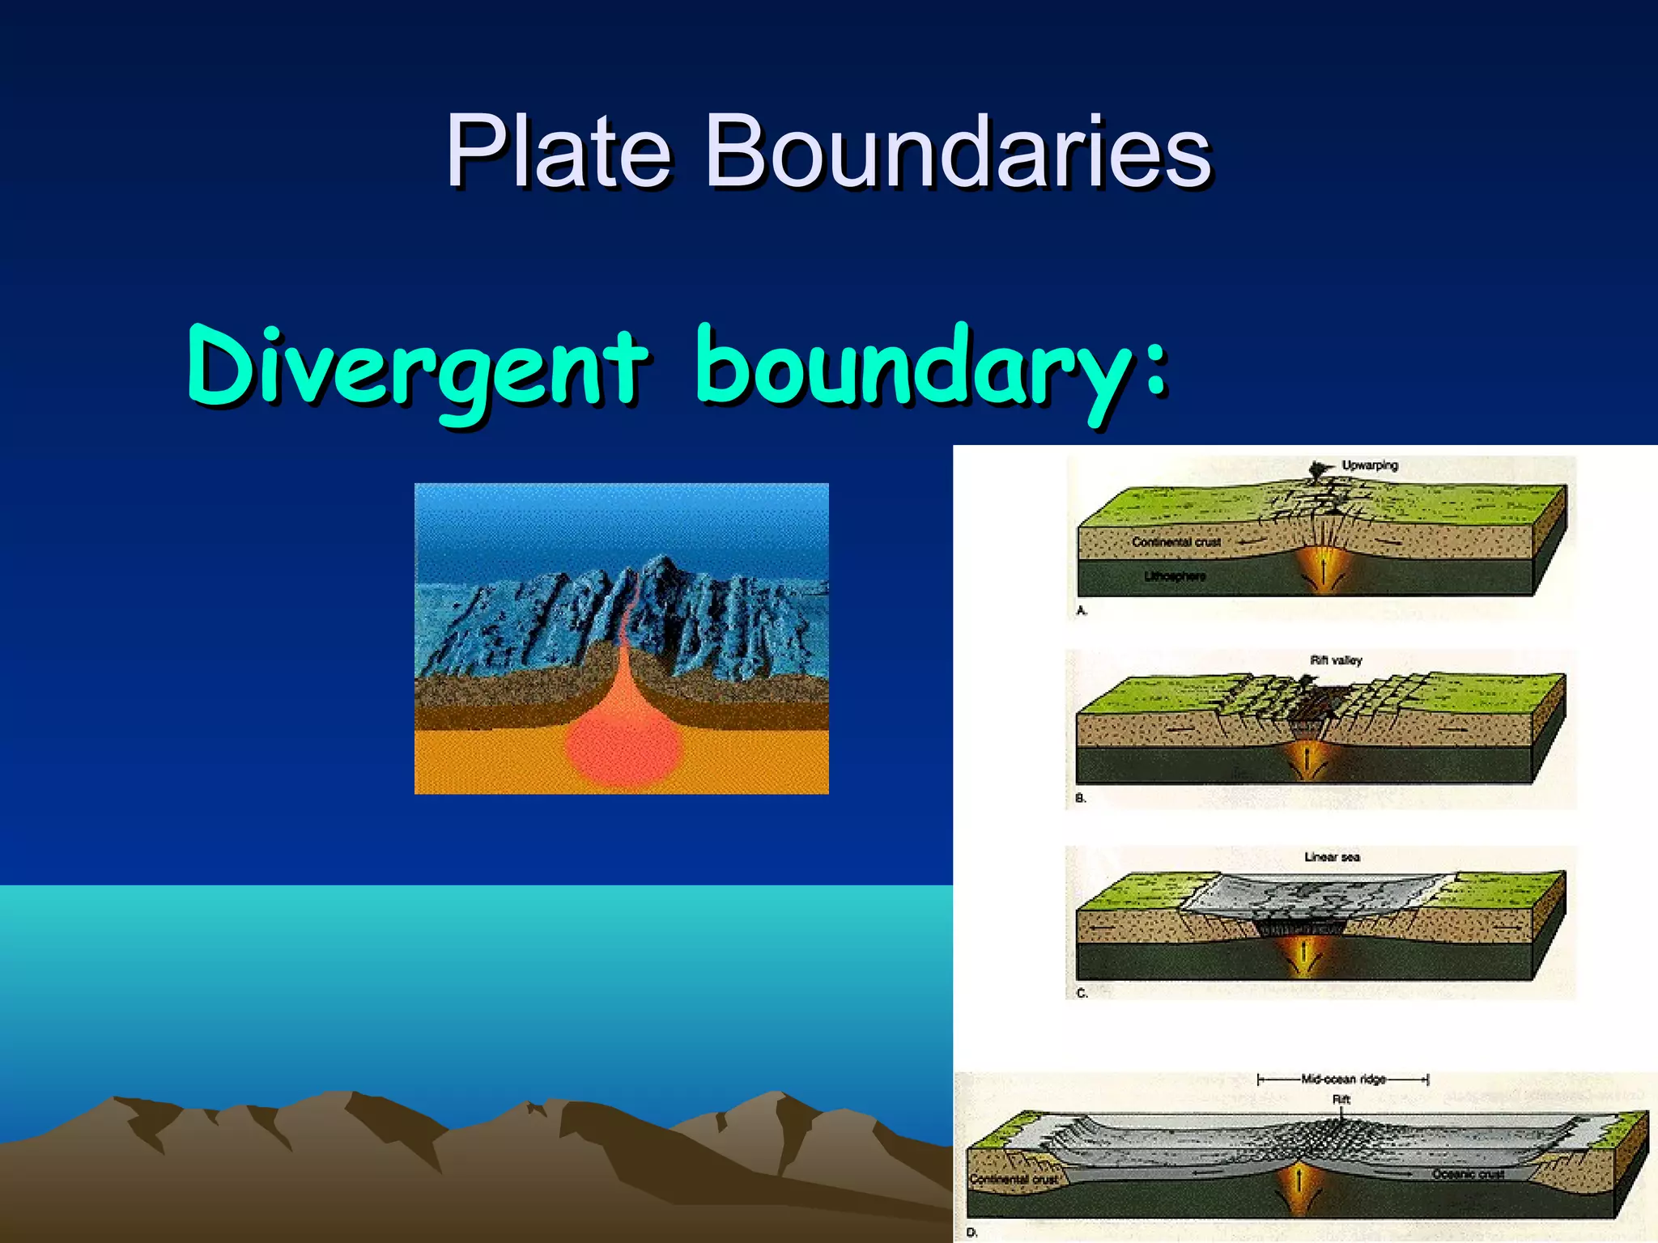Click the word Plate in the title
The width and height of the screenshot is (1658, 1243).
click(559, 151)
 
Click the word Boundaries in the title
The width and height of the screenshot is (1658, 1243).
click(959, 151)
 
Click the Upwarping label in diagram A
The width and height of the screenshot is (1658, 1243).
click(1370, 465)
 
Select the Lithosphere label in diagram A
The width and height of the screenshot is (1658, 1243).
click(1175, 576)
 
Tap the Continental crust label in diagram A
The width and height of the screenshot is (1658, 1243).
click(1175, 542)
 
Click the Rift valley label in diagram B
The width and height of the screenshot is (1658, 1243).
click(1336, 660)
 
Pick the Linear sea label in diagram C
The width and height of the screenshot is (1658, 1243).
click(1332, 857)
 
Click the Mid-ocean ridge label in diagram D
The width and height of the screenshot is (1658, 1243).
click(1343, 1079)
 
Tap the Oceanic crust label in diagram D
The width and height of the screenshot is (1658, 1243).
click(1468, 1174)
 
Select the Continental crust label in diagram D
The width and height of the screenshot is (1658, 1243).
click(1014, 1180)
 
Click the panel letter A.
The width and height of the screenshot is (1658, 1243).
click(1081, 611)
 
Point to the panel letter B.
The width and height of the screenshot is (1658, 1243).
click(1080, 798)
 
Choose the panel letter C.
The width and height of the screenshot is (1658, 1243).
click(1081, 993)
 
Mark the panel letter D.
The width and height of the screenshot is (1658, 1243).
click(971, 1232)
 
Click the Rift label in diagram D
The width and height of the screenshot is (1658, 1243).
click(1341, 1099)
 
